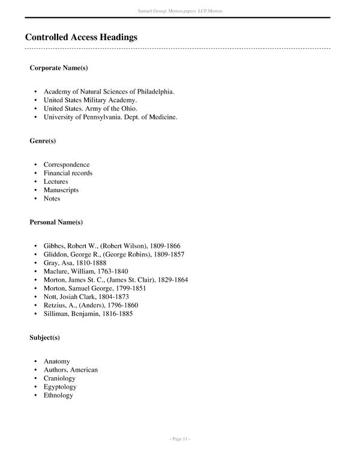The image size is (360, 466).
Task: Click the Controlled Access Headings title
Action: (81, 37)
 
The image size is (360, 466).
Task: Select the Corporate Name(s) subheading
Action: (59, 68)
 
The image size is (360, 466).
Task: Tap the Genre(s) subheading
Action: (43, 141)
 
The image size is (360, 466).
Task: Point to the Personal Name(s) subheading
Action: (56, 222)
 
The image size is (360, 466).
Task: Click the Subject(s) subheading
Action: (45, 338)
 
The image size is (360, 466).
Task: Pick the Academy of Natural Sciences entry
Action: (109, 92)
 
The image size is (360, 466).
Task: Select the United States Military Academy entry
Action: (90, 100)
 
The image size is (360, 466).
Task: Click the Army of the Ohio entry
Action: (91, 109)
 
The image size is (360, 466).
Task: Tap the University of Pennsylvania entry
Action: (110, 117)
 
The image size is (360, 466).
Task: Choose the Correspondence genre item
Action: (67, 165)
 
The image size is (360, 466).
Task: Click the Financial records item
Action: (68, 173)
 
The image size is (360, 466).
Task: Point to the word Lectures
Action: (56, 181)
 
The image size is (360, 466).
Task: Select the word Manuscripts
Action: (61, 190)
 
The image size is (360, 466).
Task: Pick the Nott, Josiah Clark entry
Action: (86, 297)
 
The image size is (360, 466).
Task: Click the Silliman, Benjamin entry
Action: (88, 313)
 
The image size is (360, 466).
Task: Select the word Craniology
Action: (59, 378)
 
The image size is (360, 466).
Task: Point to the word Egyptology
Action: (61, 387)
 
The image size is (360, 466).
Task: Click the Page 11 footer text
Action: (180, 440)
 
